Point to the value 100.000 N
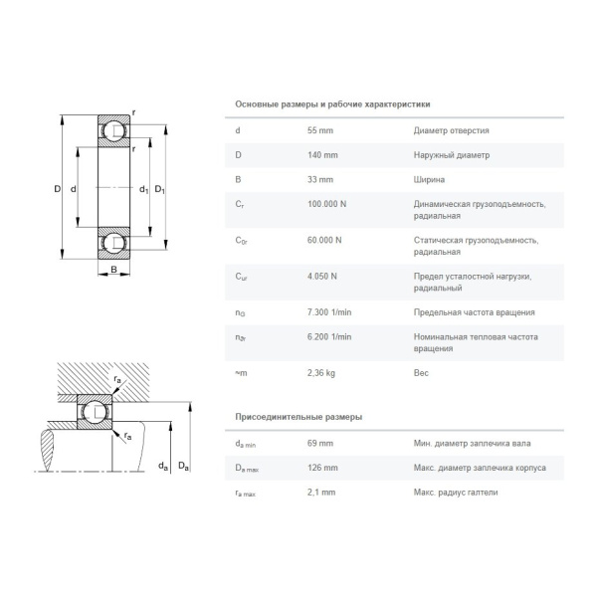click(x=327, y=204)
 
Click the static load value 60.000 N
click(x=325, y=240)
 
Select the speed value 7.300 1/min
click(x=329, y=311)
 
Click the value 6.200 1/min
click(x=329, y=336)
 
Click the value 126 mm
click(x=323, y=468)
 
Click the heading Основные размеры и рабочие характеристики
click(x=332, y=103)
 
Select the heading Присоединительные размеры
click(x=298, y=416)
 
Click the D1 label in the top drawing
click(x=159, y=189)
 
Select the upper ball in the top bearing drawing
click(x=113, y=131)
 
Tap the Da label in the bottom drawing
click(x=182, y=466)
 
